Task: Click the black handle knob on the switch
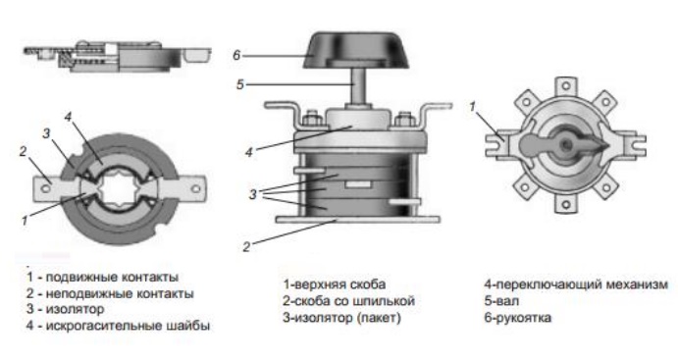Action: [356, 51]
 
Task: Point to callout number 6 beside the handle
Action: [236, 55]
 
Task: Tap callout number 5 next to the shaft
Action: [240, 84]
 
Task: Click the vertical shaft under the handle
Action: [357, 86]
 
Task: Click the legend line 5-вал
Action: [501, 301]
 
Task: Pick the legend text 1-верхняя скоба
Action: [335, 284]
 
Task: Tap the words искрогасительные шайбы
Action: [128, 326]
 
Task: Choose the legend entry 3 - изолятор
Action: [65, 309]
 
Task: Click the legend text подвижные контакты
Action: [112, 277]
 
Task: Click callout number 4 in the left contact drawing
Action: [68, 117]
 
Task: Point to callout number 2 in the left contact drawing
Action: [23, 152]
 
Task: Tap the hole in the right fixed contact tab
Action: [196, 189]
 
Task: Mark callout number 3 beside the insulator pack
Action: [252, 194]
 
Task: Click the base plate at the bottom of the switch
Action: [358, 220]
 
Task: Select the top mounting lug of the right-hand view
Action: [565, 87]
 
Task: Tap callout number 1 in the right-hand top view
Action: [472, 106]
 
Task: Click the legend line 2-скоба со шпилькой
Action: [348, 301]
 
